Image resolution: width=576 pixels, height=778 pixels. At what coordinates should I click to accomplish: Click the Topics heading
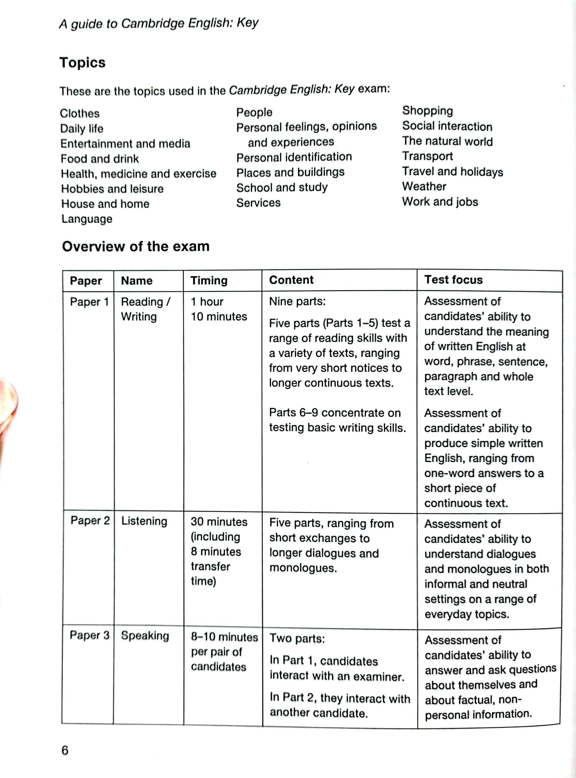click(x=82, y=63)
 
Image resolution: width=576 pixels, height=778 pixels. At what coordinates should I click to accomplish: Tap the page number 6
click(x=65, y=750)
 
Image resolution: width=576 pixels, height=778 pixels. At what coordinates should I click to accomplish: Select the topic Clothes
click(x=80, y=113)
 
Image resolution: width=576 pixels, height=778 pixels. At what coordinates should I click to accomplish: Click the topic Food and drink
click(x=100, y=159)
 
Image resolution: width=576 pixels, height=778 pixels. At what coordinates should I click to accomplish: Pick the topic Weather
click(x=424, y=186)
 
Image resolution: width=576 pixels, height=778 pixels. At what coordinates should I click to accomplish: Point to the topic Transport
click(x=427, y=156)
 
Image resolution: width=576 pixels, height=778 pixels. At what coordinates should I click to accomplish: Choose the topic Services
click(x=258, y=203)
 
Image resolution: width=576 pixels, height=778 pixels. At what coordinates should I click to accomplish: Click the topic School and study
click(x=282, y=187)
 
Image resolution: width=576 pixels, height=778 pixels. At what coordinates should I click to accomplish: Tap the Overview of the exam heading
click(x=136, y=246)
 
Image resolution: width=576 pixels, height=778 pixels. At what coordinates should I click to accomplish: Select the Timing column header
click(x=209, y=280)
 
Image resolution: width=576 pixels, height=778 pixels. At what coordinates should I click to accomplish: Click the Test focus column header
click(x=453, y=280)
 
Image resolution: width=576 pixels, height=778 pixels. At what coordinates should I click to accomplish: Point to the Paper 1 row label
click(x=89, y=302)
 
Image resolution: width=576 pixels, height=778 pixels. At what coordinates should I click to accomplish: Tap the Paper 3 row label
click(x=90, y=635)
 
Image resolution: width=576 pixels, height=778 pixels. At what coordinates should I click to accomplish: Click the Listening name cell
click(x=144, y=521)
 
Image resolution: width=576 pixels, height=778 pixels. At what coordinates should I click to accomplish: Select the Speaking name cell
click(x=145, y=636)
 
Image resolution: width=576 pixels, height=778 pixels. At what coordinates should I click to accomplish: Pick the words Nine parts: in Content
click(x=297, y=301)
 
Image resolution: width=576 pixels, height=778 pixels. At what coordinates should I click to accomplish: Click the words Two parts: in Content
click(x=297, y=638)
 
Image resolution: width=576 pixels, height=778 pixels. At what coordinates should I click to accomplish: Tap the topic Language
click(x=87, y=219)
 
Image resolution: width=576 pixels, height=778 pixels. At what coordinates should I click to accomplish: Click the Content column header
click(x=291, y=280)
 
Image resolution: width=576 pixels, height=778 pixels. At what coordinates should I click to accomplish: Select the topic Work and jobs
click(x=440, y=202)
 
